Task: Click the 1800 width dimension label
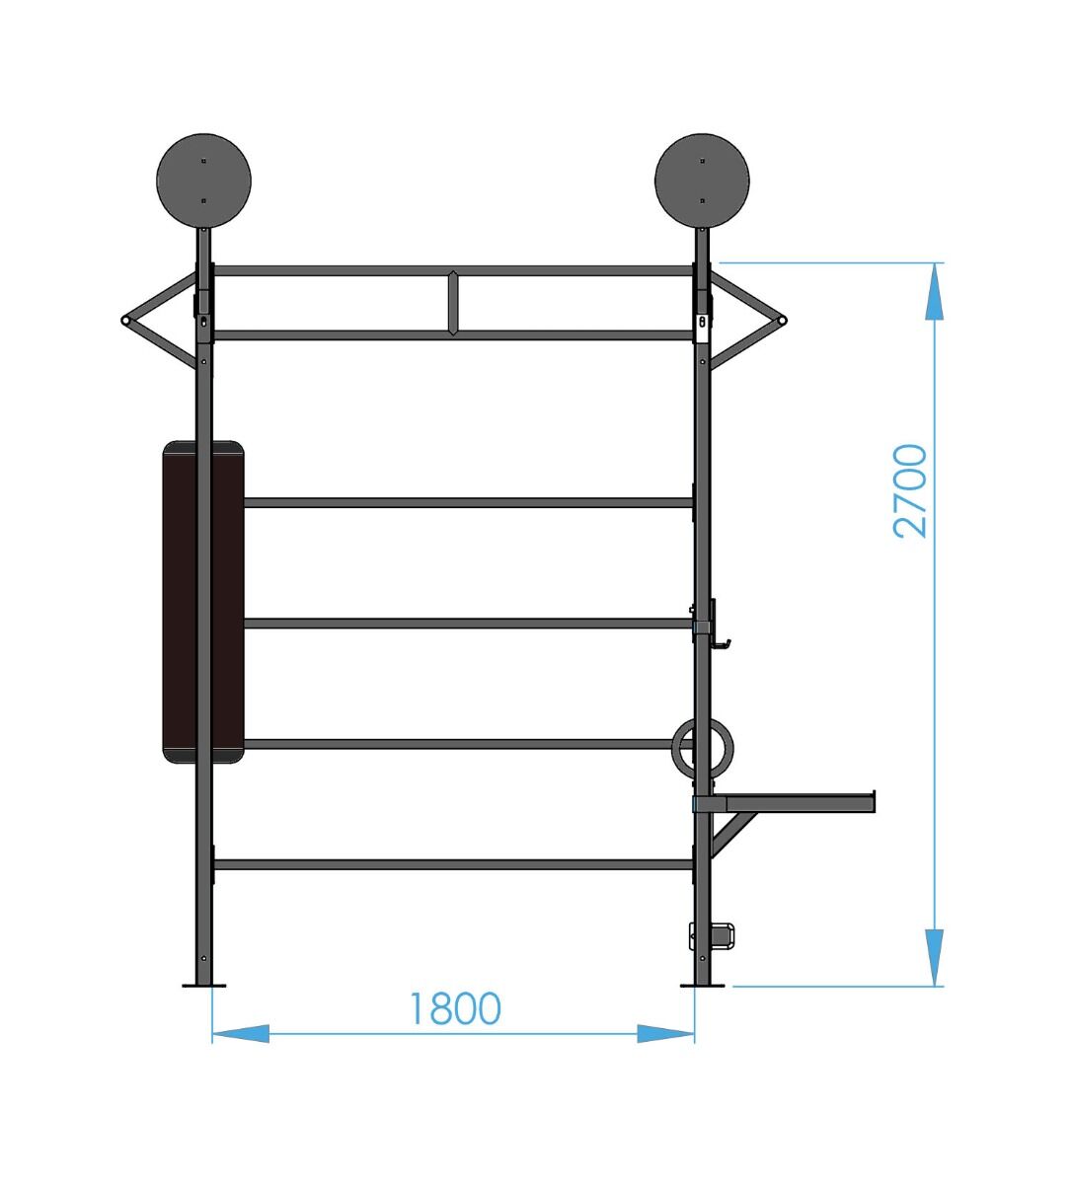[x=455, y=1008]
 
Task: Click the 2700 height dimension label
[x=909, y=491]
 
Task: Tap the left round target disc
[x=203, y=181]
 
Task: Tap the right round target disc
[x=702, y=181]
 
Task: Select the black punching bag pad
[x=203, y=602]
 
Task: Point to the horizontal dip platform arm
[x=786, y=803]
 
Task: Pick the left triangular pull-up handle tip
[x=125, y=320]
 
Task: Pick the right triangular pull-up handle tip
[x=782, y=320]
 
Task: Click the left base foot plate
[x=203, y=985]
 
